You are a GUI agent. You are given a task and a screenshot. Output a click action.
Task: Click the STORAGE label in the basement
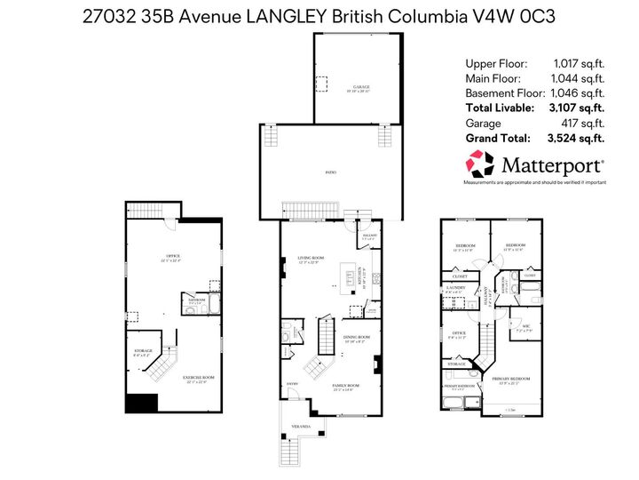[x=144, y=351]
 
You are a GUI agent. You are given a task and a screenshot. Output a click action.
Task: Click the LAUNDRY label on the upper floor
[x=456, y=288]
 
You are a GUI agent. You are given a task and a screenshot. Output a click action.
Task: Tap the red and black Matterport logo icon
[x=480, y=164]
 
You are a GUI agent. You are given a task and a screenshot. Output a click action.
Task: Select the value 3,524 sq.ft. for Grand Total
[x=576, y=138]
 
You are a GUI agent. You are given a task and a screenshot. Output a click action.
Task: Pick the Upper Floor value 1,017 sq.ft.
[x=579, y=64]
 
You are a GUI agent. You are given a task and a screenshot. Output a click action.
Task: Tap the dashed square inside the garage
[x=321, y=82]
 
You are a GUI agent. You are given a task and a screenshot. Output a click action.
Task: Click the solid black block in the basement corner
[x=139, y=403]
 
